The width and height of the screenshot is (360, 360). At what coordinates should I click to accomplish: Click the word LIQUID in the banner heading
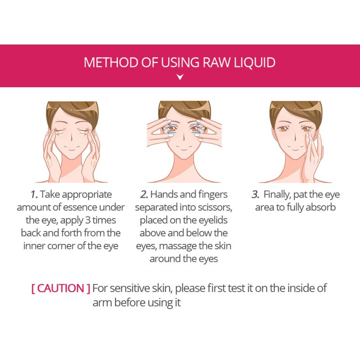(254, 63)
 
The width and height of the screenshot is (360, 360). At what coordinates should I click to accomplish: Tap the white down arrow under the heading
(180, 77)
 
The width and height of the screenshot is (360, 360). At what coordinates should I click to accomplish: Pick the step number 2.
(144, 195)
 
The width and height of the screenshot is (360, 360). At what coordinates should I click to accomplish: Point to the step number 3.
(255, 195)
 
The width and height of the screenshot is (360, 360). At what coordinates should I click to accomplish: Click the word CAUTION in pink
(61, 288)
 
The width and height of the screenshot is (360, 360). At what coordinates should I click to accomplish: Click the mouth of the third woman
(295, 150)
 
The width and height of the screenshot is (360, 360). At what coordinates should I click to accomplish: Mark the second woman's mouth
(184, 150)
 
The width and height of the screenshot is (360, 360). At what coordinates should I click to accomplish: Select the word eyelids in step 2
(213, 220)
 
